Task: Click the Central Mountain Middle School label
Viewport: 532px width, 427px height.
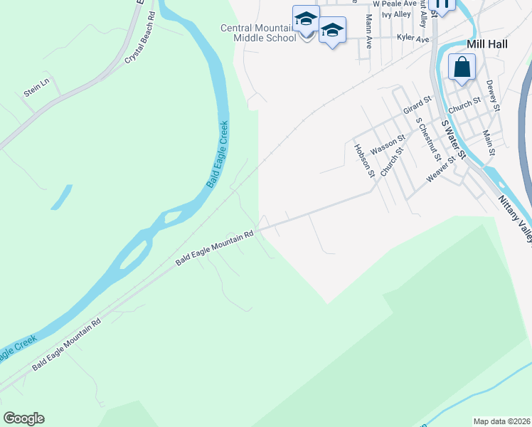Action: coord(258,33)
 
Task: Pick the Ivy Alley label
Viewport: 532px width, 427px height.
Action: coord(396,14)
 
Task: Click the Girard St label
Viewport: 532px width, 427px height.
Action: coord(417,106)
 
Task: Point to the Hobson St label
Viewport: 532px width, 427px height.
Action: coord(363,160)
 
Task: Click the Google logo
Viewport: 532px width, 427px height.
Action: coord(23,418)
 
